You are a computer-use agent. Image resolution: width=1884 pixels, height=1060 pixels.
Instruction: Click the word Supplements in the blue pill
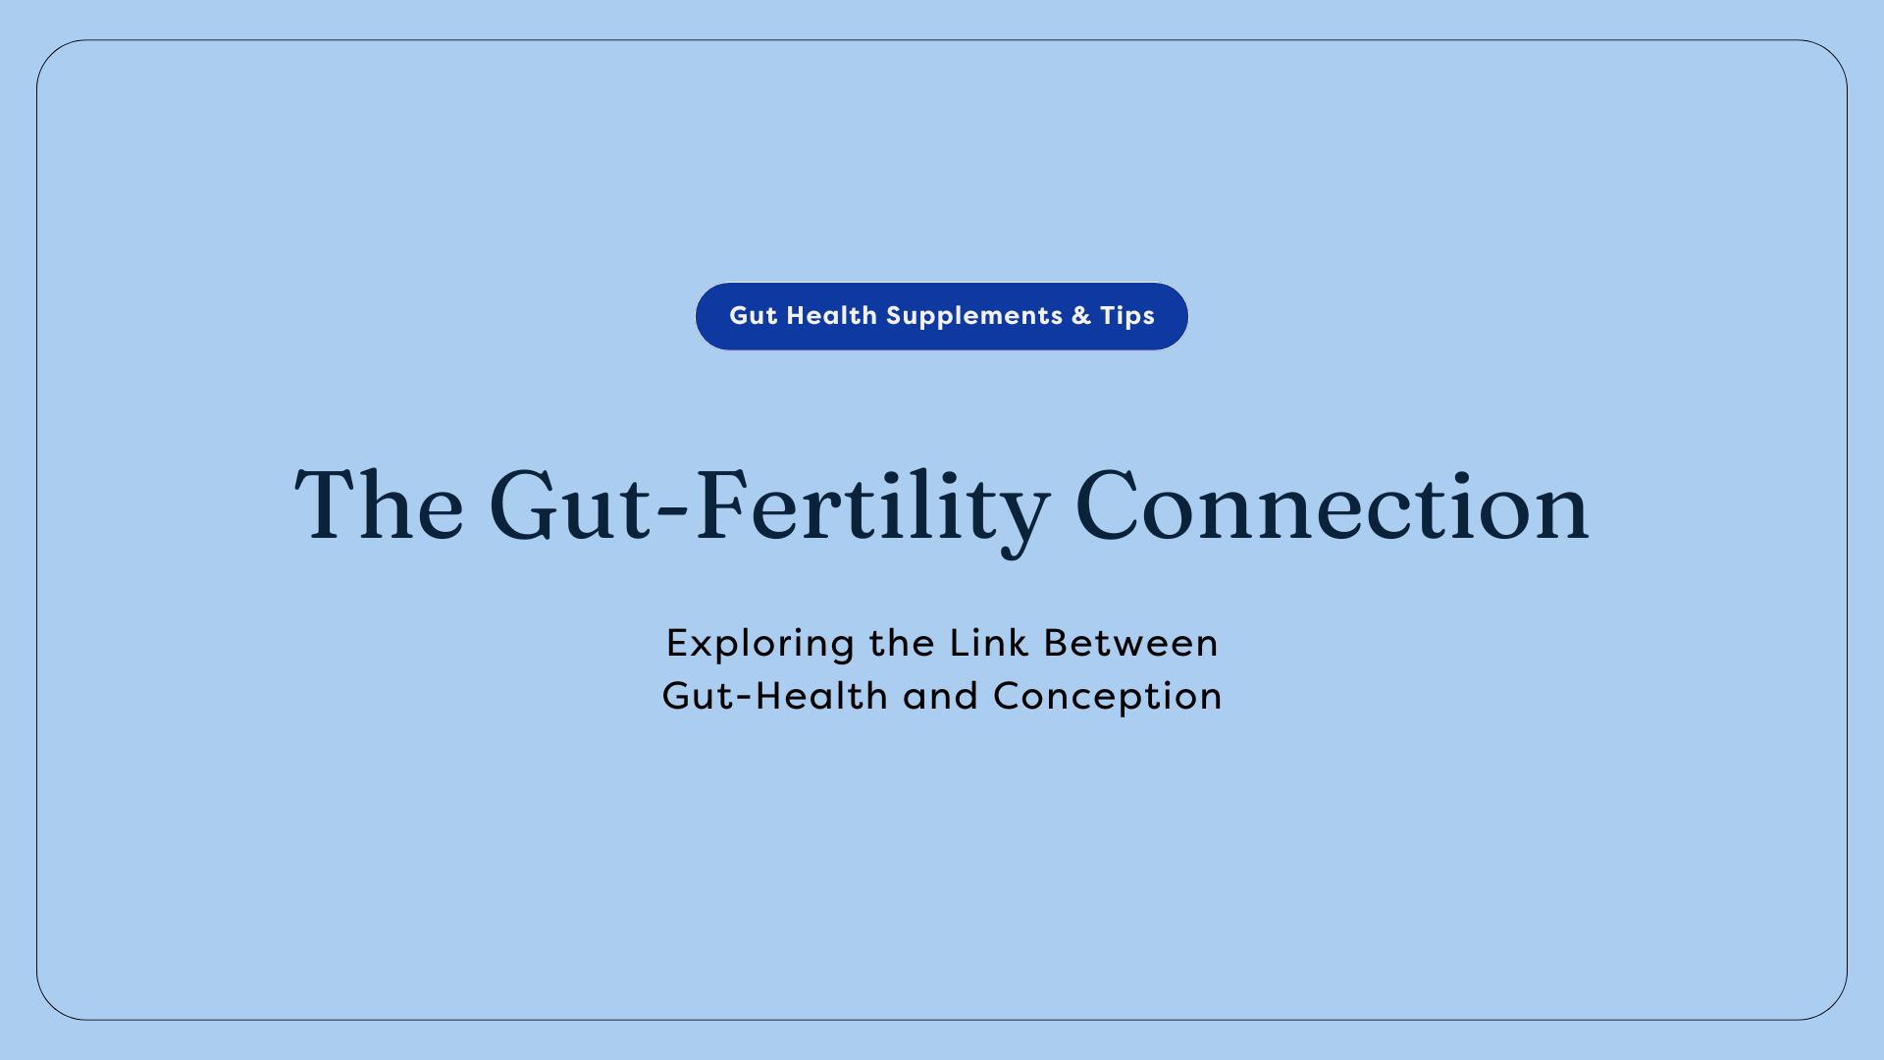point(973,316)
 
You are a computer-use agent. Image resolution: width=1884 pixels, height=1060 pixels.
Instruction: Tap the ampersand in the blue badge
point(1081,316)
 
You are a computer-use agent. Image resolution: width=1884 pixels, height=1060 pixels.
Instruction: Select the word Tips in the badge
point(1126,316)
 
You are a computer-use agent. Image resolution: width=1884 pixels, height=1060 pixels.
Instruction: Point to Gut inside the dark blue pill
point(753,316)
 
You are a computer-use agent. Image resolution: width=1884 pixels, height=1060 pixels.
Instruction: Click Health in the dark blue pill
point(831,316)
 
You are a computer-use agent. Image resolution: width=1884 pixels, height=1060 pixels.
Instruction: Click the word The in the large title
point(379,505)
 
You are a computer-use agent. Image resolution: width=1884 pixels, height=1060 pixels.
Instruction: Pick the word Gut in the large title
point(569,505)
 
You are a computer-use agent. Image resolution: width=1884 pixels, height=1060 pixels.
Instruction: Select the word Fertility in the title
point(871,505)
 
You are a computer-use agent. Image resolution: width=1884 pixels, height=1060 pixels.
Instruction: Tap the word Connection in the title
point(1332,505)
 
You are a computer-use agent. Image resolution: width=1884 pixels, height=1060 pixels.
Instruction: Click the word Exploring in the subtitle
point(760,644)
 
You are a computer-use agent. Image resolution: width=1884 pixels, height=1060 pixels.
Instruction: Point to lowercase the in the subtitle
point(902,644)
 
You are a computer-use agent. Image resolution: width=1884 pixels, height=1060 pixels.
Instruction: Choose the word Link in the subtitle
point(989,644)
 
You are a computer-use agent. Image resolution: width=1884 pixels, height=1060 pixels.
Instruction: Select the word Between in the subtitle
point(1130,644)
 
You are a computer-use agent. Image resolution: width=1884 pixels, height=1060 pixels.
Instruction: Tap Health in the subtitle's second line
point(821,697)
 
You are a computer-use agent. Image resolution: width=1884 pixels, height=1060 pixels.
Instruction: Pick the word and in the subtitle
point(940,697)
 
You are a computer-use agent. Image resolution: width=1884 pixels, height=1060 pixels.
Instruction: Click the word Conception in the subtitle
point(1108,697)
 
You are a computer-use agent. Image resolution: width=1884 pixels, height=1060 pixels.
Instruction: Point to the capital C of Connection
point(1106,505)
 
